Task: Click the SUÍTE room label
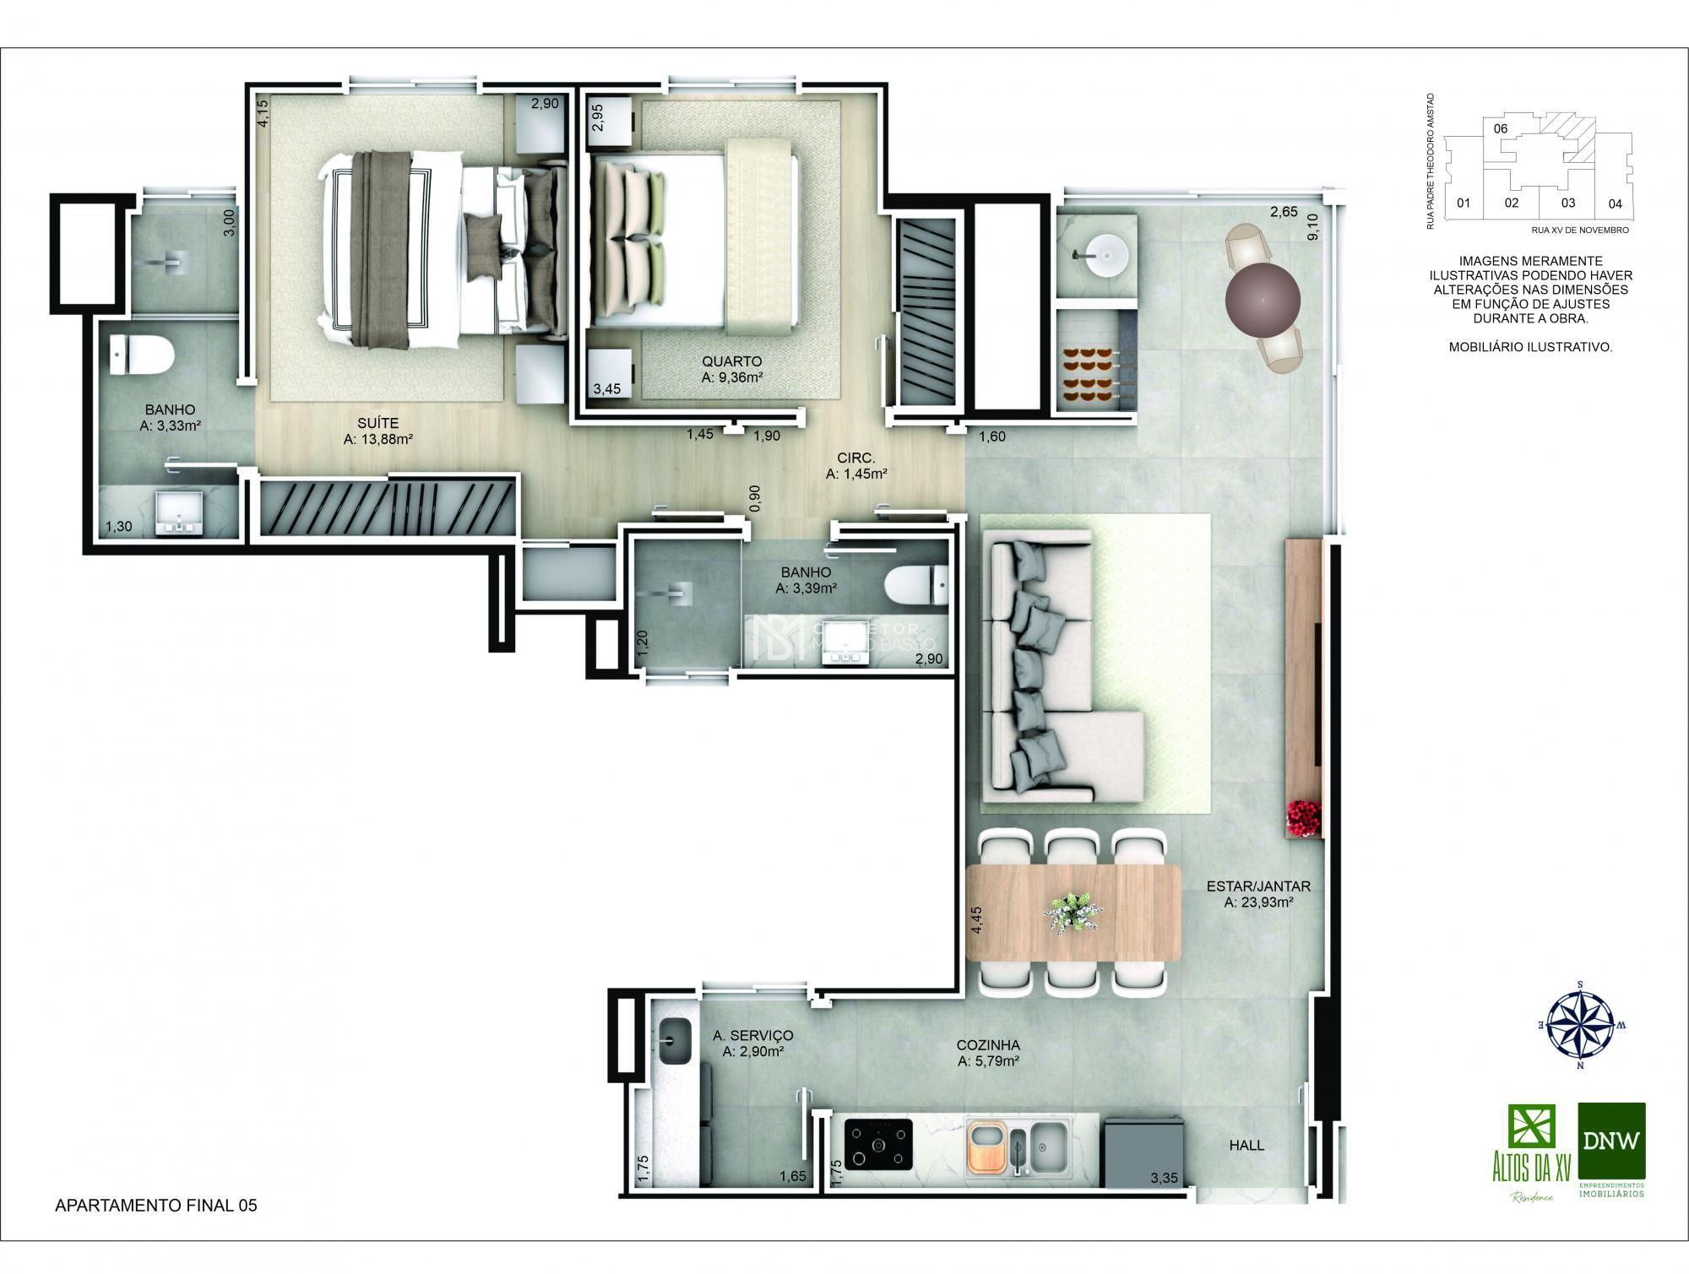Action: coord(377,423)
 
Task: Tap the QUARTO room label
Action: coord(731,361)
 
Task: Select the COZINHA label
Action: coord(988,1044)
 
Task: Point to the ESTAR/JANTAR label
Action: coord(1258,886)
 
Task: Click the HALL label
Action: coord(1246,1145)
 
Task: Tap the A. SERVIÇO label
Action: coord(752,1035)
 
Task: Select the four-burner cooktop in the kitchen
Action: coord(878,1146)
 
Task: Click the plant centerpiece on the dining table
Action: coord(1073,912)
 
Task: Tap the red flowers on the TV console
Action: coord(1302,817)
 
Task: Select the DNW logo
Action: coord(1611,1141)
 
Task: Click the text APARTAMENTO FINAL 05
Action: coord(156,1206)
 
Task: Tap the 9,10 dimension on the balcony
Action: coord(1312,226)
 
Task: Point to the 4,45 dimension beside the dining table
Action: coord(976,919)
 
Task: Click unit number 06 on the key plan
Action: coord(1500,129)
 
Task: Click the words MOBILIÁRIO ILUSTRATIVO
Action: coord(1530,347)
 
